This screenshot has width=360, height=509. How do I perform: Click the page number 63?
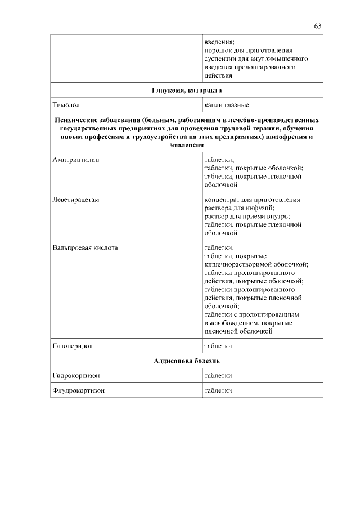[318, 26]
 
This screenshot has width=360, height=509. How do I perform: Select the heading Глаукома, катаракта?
[187, 90]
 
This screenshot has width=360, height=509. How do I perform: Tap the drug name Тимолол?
[66, 105]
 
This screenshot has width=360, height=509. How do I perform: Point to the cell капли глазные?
[227, 105]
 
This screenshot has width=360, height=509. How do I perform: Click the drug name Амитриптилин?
[75, 160]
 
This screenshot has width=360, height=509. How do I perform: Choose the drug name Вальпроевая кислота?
[85, 247]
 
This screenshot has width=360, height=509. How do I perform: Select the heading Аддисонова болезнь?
[187, 361]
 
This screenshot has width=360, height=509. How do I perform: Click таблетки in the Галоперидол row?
[218, 345]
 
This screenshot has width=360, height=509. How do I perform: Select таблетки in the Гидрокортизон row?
[218, 375]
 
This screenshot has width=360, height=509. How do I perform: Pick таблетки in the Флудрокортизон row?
[218, 390]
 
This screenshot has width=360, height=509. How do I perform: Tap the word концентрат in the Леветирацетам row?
[222, 200]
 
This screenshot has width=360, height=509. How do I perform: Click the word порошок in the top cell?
[218, 50]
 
